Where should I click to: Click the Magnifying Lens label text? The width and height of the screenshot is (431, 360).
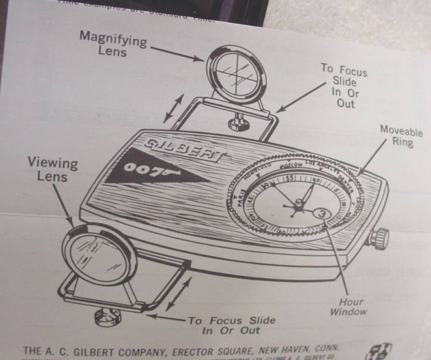tap(113, 44)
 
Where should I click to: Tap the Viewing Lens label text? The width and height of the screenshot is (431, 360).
tap(52, 169)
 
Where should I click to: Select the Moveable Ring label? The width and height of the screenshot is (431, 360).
tap(401, 136)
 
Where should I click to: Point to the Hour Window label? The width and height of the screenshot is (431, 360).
tap(352, 307)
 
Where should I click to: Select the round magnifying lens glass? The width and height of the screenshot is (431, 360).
tap(236, 75)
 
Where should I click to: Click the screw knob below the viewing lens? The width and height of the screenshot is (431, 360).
tap(107, 315)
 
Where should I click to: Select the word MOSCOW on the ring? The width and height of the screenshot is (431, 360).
tap(288, 165)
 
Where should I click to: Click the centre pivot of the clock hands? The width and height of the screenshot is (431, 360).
tap(298, 203)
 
